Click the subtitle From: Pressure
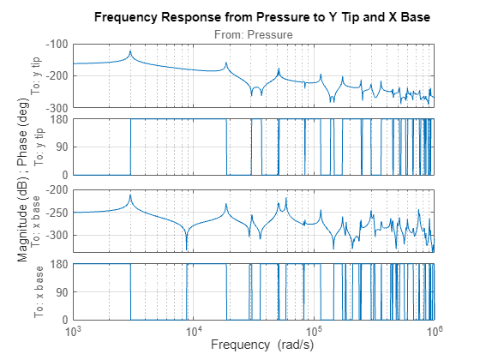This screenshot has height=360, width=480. click(254, 34)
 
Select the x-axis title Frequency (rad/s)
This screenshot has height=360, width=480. click(254, 345)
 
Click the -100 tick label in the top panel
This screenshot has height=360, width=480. click(57, 45)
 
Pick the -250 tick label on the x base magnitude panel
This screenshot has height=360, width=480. click(57, 213)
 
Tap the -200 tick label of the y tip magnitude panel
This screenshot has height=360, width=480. click(57, 76)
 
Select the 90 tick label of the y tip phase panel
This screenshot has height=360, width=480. click(62, 147)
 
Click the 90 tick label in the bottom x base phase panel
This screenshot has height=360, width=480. click(62, 292)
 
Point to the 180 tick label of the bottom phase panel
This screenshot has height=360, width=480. click(59, 264)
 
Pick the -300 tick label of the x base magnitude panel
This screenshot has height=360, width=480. click(57, 236)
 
